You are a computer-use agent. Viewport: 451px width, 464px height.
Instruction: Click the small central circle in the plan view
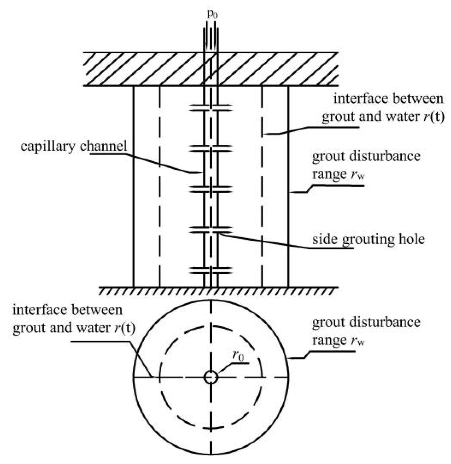tap(211, 377)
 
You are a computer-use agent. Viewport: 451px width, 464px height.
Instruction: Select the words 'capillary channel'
tap(74, 146)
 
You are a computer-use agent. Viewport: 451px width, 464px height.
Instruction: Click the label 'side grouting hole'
tap(369, 239)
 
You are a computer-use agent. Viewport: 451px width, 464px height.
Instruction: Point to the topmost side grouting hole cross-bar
tap(211, 107)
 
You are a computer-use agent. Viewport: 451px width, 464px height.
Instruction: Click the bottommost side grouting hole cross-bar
tap(211, 270)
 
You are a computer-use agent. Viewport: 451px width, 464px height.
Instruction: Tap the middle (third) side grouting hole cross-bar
tap(211, 189)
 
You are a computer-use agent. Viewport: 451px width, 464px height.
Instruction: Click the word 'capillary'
tap(47, 146)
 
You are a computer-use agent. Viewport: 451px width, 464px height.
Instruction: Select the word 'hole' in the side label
tap(413, 239)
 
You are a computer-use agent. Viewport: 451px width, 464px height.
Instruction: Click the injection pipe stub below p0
tap(211, 37)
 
